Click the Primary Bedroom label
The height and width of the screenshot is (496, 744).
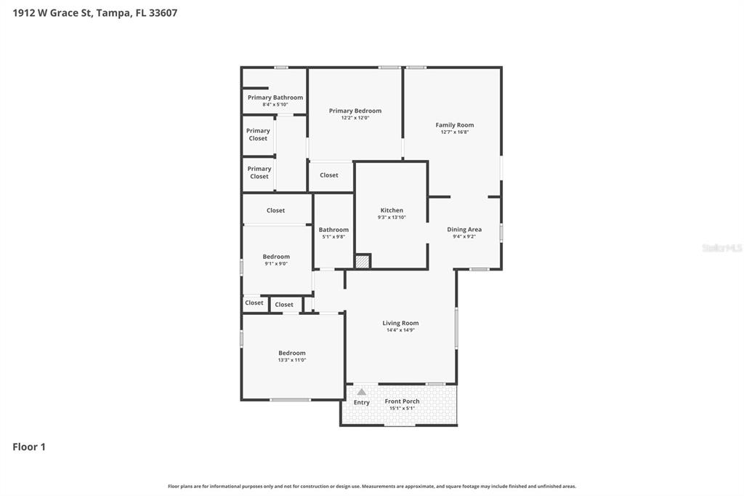(355, 111)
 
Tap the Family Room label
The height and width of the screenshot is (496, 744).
(454, 125)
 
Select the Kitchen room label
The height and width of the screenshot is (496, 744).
(391, 210)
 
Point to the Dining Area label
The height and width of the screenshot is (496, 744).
(464, 229)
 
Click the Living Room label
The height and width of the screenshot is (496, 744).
(400, 323)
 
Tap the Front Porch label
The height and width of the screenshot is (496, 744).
(402, 401)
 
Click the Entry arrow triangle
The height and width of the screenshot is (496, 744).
(361, 392)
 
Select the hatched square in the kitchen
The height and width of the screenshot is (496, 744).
(363, 260)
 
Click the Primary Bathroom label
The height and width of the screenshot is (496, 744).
(275, 97)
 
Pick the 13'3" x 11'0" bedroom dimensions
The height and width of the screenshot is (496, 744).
(291, 360)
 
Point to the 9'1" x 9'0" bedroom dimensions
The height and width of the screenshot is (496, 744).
(276, 263)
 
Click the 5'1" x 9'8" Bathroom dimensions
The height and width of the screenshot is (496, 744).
(333, 236)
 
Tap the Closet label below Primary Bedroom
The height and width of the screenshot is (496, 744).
(328, 175)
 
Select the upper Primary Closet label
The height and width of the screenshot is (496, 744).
(258, 135)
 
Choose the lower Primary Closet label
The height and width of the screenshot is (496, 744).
(259, 172)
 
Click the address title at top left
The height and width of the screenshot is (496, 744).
(95, 12)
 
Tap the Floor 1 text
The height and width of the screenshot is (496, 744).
(29, 447)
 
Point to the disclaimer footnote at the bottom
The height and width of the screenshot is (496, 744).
(371, 486)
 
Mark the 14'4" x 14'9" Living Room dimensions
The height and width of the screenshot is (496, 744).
(400, 330)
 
